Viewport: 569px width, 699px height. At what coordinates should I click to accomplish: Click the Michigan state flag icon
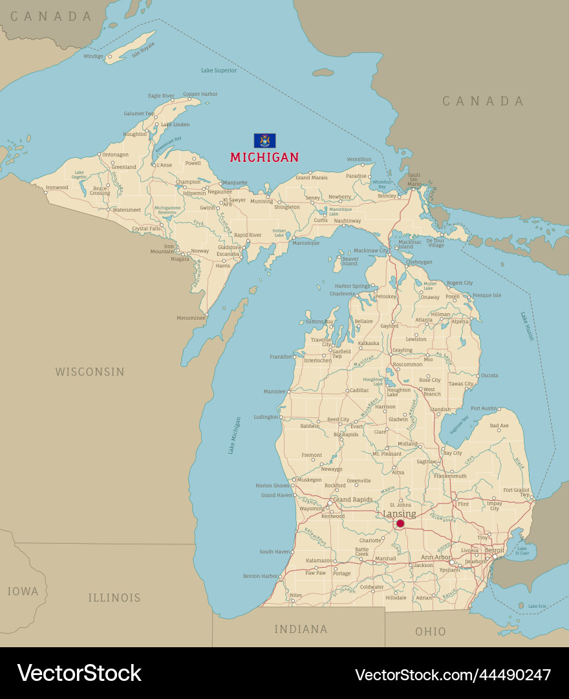[264, 140]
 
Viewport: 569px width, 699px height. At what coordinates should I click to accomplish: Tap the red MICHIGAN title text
[264, 157]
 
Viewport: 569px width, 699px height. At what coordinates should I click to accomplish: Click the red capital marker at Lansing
[400, 523]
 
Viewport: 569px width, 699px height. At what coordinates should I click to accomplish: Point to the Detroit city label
[495, 550]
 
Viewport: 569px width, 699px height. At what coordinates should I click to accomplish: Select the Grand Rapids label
[352, 500]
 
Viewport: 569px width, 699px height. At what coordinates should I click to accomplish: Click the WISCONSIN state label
[89, 372]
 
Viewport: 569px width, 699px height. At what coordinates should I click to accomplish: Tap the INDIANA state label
[301, 629]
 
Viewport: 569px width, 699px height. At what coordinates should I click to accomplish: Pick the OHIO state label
[431, 631]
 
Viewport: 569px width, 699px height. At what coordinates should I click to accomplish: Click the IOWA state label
[23, 592]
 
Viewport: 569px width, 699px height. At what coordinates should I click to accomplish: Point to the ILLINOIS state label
[114, 597]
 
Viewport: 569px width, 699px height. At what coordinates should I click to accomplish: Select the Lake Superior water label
[219, 70]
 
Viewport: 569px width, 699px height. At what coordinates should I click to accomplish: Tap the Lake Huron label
[527, 326]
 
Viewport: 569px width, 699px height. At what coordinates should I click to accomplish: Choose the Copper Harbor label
[200, 94]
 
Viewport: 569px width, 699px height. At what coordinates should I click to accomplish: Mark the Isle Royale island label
[144, 50]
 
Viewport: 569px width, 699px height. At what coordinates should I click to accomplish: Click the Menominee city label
[191, 318]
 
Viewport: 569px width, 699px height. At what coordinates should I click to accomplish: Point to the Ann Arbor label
[436, 557]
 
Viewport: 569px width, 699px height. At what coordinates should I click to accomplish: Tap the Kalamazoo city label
[319, 560]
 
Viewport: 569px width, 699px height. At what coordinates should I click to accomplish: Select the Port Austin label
[484, 408]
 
